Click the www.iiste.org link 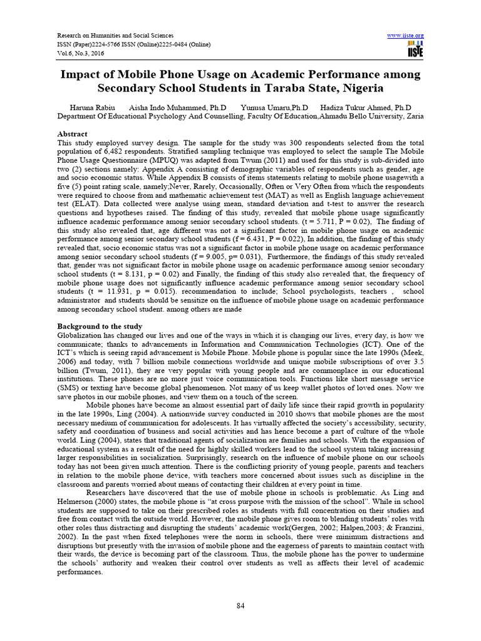pyautogui.click(x=407, y=35)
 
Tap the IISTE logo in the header pyautogui.click(x=415, y=50)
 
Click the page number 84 pyautogui.click(x=240, y=606)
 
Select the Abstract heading pyautogui.click(x=73, y=135)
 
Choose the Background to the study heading pyautogui.click(x=100, y=327)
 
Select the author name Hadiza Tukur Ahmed pyautogui.click(x=366, y=108)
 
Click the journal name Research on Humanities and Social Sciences pyautogui.click(x=115, y=36)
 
